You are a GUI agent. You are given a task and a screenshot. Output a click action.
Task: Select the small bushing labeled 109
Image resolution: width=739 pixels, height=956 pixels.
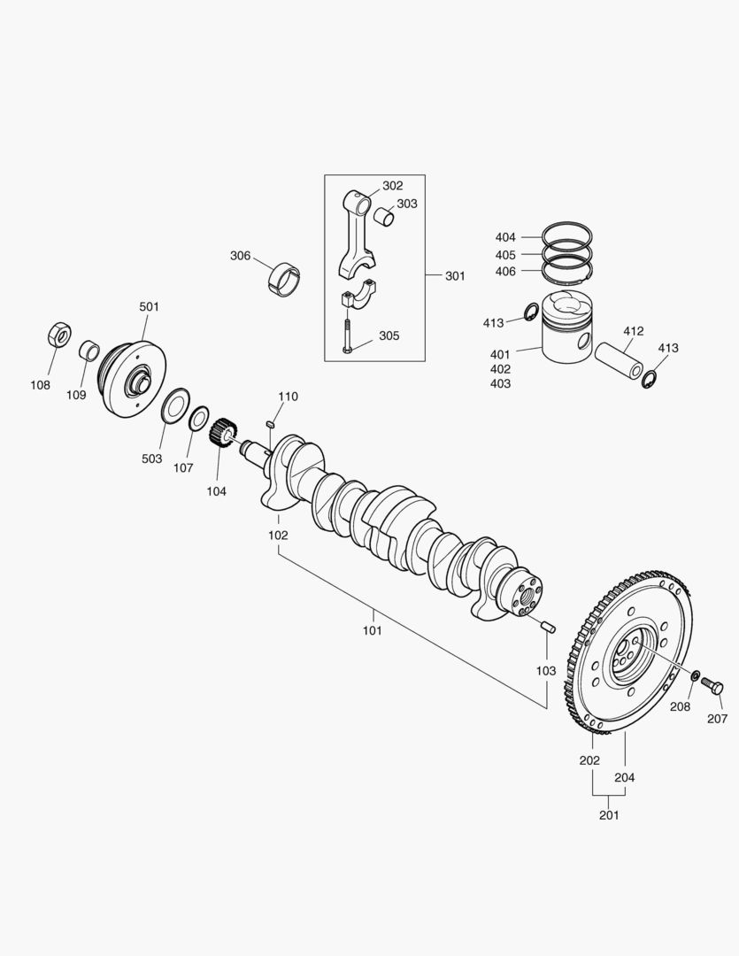point(89,351)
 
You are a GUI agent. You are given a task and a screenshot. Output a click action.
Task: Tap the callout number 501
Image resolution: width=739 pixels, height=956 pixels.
point(149,306)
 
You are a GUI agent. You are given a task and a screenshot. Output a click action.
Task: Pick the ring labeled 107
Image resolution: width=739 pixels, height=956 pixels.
point(200,419)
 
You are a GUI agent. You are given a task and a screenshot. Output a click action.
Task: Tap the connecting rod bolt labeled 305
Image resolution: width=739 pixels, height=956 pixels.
point(348,337)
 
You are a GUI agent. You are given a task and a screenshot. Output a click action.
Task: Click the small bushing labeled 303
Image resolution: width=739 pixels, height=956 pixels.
point(382,216)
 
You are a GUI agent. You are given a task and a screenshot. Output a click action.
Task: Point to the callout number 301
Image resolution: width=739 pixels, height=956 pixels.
point(455,276)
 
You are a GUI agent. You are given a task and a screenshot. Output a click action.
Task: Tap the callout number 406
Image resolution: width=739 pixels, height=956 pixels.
point(505,271)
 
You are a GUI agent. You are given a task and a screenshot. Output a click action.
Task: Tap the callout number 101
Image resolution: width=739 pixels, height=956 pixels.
point(372,631)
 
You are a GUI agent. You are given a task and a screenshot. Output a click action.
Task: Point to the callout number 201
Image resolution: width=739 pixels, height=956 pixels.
point(609,815)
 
